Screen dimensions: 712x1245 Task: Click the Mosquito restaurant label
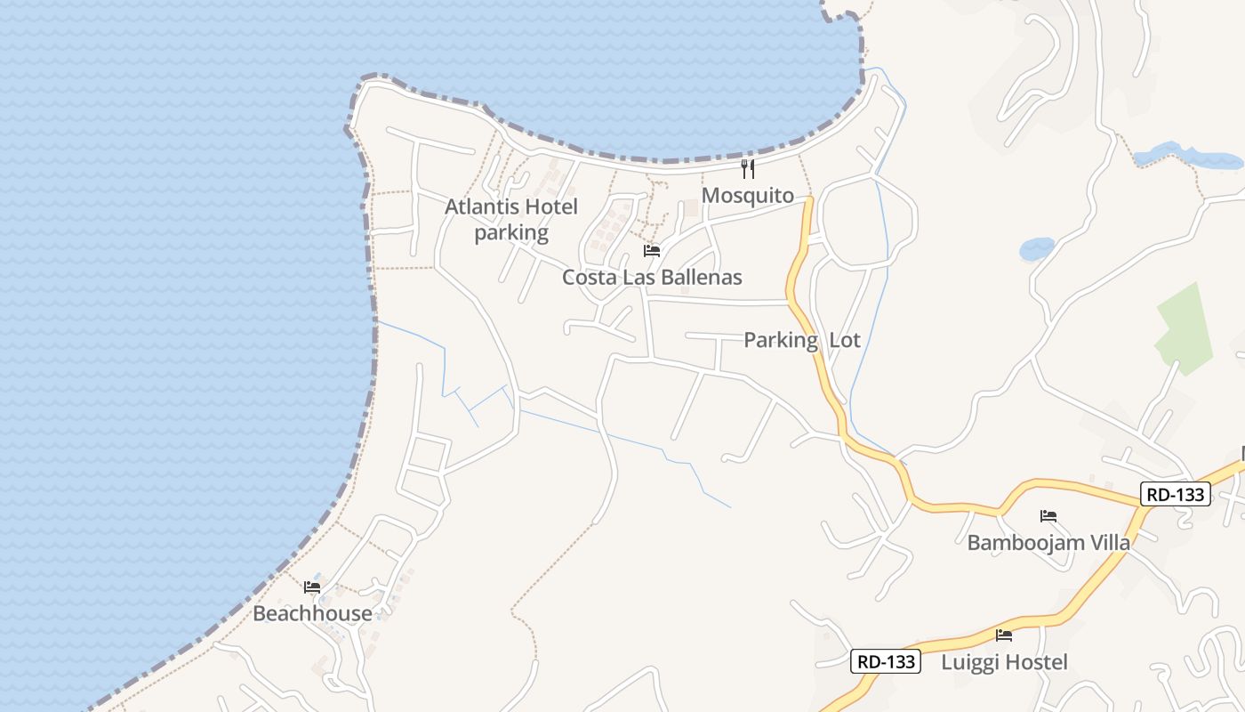[747, 195]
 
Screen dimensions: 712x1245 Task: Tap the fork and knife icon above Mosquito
[748, 168]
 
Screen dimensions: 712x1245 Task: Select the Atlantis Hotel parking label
[511, 220]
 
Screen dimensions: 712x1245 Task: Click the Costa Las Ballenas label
[652, 277]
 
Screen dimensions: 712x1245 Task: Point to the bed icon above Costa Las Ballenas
[652, 251]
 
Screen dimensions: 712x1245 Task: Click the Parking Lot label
[801, 340]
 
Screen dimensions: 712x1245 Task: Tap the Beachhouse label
[312, 613]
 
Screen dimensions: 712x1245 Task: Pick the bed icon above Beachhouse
[312, 587]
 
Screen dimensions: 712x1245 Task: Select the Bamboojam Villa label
[1048, 542]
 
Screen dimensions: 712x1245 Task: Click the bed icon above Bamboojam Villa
[1048, 516]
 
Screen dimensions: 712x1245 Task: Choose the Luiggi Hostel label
[1004, 661]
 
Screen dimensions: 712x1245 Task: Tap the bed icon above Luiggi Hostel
[1004, 635]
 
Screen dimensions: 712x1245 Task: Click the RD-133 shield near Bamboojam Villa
[1176, 494]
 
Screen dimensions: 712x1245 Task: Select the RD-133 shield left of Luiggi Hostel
[885, 661]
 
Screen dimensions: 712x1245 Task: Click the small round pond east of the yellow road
[1037, 248]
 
